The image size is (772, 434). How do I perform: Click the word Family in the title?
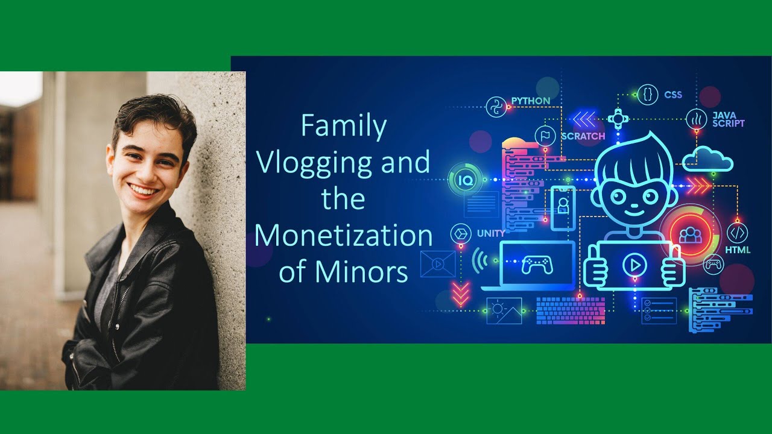(x=343, y=127)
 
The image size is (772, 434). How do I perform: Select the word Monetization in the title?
(x=343, y=236)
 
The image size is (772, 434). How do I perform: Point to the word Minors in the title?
(x=361, y=272)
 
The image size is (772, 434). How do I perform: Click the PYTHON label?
(x=530, y=101)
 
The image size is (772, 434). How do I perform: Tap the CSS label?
(x=673, y=95)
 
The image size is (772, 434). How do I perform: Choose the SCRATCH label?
(x=583, y=136)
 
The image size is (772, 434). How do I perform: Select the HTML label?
(x=738, y=249)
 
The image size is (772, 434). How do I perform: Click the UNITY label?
(x=491, y=233)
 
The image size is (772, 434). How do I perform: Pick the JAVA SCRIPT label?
(x=728, y=119)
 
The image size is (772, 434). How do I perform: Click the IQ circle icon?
(x=466, y=179)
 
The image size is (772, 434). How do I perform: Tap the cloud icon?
(x=707, y=159)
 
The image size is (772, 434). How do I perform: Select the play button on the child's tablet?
(x=634, y=264)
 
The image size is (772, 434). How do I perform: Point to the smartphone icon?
(x=563, y=207)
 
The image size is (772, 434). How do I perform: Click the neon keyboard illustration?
(x=570, y=310)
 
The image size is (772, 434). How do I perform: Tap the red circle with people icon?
(x=687, y=234)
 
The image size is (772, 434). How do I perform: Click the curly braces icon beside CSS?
(x=647, y=95)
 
